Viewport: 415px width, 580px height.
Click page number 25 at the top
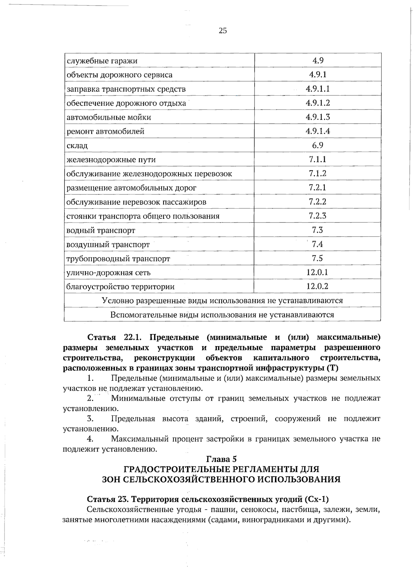coord(223,31)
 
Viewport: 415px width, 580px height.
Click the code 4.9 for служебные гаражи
coord(317,61)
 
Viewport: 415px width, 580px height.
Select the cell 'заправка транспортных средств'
coord(126,89)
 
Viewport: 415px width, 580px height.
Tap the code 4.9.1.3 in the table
coord(317,117)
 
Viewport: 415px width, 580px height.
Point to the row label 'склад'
coord(77,146)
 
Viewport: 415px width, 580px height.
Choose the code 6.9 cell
coord(317,145)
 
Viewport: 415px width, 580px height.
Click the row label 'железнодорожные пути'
coord(111,160)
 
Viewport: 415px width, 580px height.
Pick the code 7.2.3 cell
coord(317,216)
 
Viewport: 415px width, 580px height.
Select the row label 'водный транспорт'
coord(101,230)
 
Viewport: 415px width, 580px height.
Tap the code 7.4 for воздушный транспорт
coord(317,244)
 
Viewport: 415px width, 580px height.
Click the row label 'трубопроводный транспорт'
coord(118,259)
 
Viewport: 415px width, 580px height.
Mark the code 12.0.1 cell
coord(317,272)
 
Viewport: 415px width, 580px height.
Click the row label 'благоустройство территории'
coord(120,287)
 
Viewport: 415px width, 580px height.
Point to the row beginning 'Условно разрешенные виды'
coord(222,301)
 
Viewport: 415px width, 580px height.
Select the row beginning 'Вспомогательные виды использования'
coord(222,315)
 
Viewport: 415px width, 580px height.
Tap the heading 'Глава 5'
coord(221,459)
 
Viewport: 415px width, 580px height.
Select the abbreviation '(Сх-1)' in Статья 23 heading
coord(317,500)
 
